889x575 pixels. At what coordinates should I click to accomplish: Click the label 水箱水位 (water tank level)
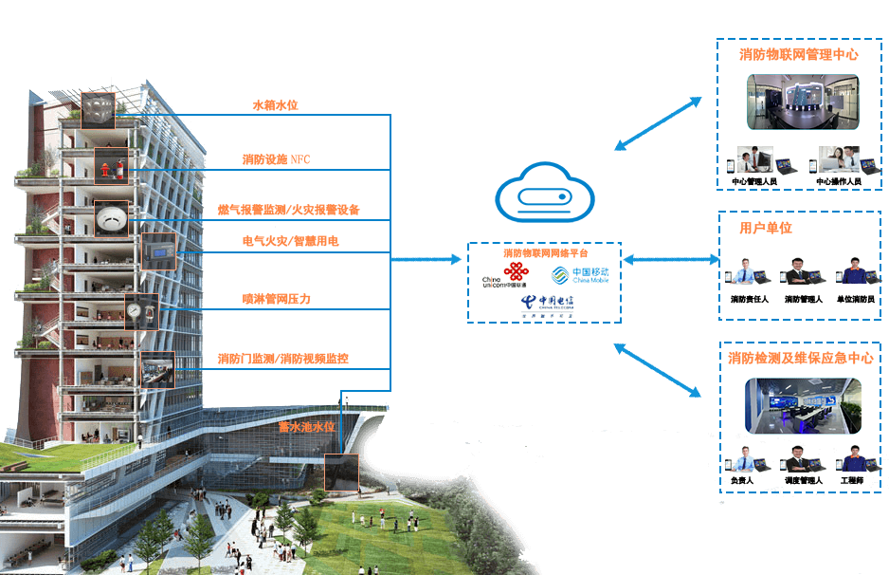pos(275,105)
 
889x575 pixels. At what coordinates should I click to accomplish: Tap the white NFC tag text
pos(300,159)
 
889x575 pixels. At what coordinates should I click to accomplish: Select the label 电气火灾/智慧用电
pos(289,242)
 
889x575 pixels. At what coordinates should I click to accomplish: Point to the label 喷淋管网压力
pos(276,299)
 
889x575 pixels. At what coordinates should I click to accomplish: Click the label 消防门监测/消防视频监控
pos(282,359)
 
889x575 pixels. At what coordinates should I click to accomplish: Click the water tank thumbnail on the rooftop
pos(97,109)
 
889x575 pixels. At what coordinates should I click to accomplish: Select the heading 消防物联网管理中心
pos(798,55)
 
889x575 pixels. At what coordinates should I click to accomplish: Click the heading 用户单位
pos(765,228)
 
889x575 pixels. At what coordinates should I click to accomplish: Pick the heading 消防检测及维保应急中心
pos(801,359)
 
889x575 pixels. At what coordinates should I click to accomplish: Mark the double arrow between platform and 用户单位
pos(672,258)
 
